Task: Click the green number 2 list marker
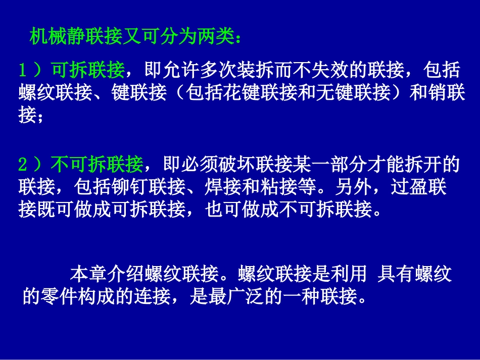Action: coord(23,164)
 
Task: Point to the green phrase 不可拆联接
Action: coord(97,164)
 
